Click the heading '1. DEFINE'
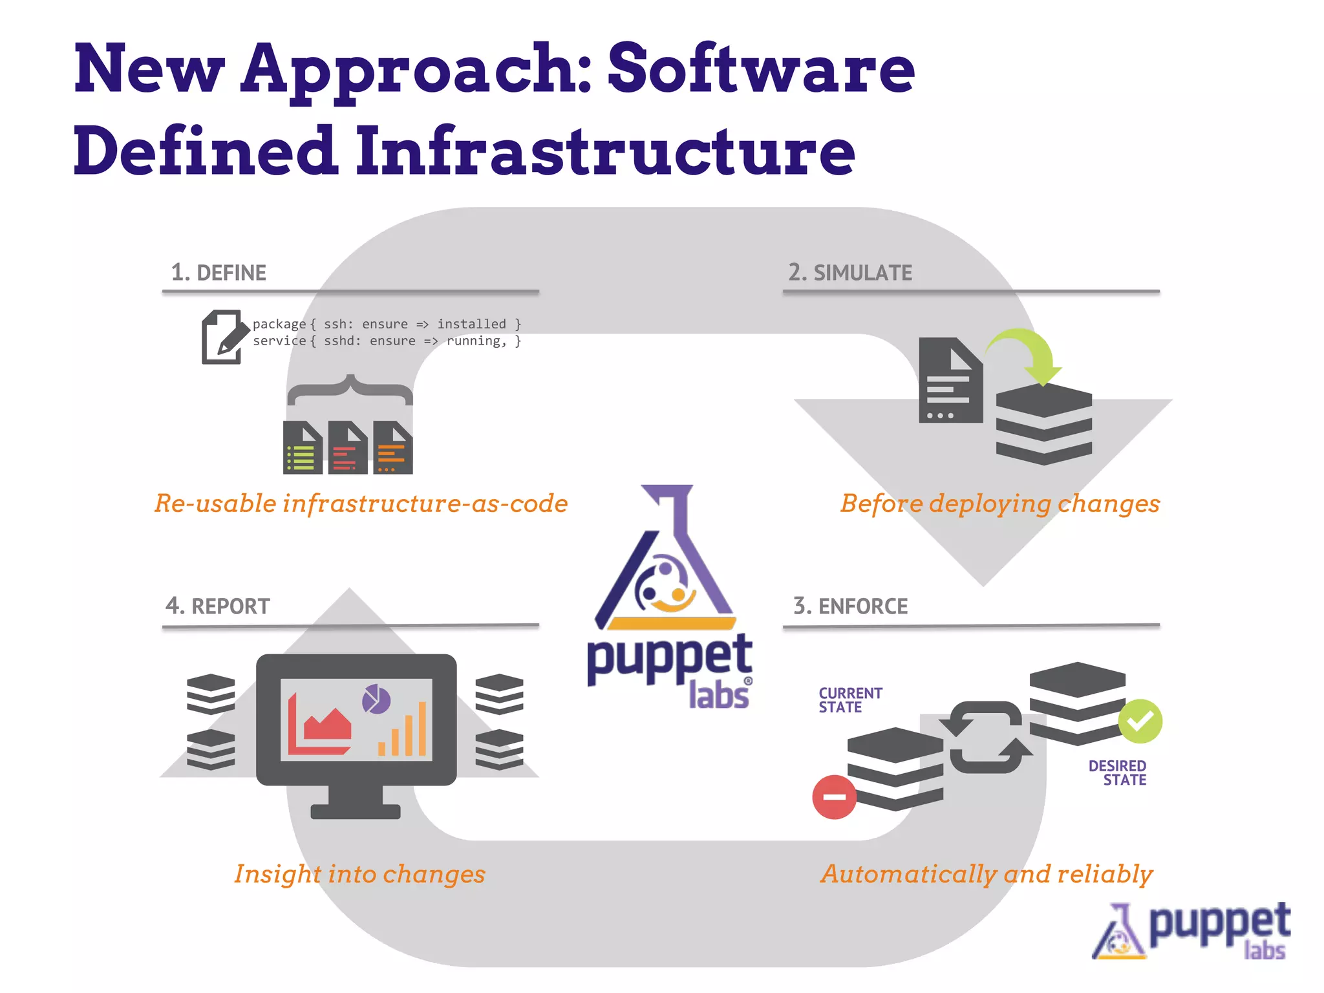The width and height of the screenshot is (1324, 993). (219, 273)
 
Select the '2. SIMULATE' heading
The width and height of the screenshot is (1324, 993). (850, 273)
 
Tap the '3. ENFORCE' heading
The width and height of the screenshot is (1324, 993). (850, 606)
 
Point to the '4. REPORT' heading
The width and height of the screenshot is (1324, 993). (218, 606)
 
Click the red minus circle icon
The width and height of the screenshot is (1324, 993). (834, 797)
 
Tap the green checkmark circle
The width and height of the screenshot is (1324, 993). (1140, 721)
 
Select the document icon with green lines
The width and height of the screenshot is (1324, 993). (303, 448)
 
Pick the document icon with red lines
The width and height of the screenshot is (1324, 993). (347, 448)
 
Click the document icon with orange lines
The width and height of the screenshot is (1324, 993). (392, 448)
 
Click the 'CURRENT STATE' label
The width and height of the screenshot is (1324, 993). (850, 700)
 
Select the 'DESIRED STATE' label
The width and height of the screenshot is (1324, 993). (1118, 773)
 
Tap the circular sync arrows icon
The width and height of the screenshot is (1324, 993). (986, 737)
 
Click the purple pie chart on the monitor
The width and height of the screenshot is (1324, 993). (376, 699)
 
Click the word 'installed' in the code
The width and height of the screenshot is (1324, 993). (471, 324)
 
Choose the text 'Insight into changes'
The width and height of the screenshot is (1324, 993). (359, 874)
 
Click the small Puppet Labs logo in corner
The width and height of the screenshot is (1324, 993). (1191, 931)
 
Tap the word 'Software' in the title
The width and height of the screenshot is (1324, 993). (761, 68)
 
